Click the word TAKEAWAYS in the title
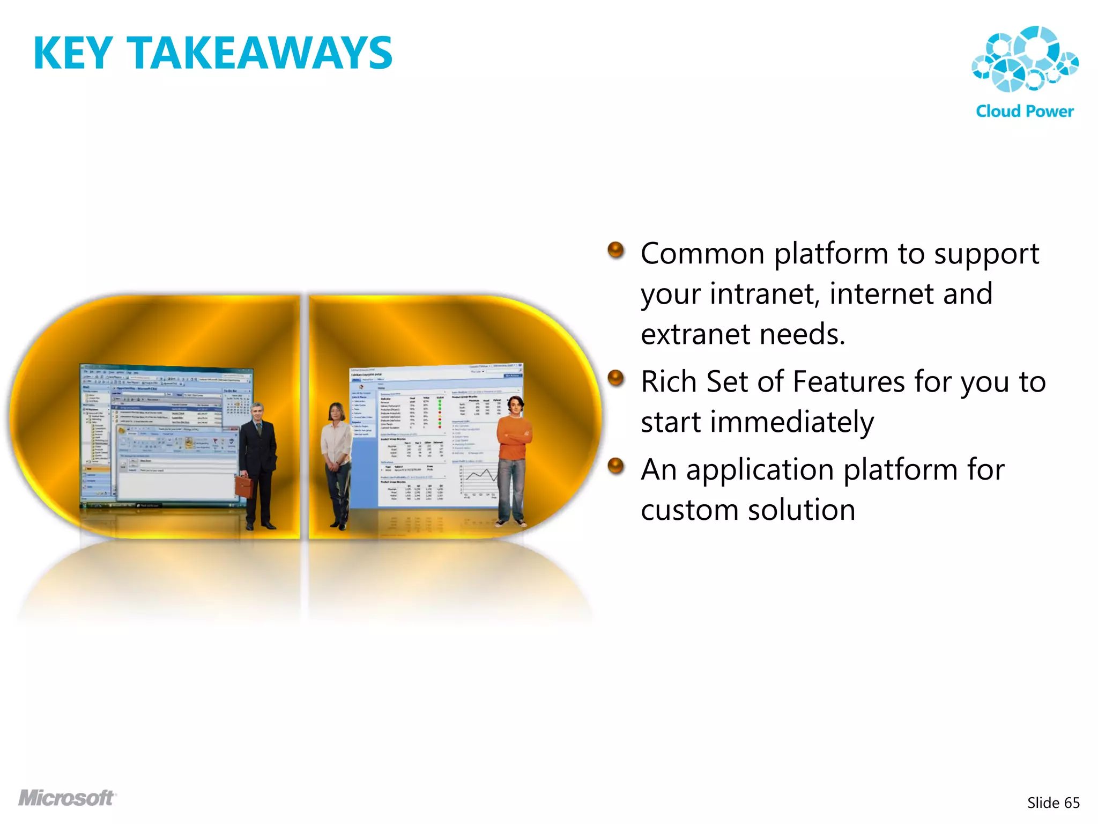tap(259, 53)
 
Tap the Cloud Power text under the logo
tap(1025, 111)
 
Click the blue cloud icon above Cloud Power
tap(1025, 59)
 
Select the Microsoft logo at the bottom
tap(67, 798)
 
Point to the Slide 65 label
tap(1053, 803)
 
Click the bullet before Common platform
tap(616, 250)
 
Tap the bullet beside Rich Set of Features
tap(616, 378)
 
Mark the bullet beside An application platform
tap(616, 466)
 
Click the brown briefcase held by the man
tap(244, 485)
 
